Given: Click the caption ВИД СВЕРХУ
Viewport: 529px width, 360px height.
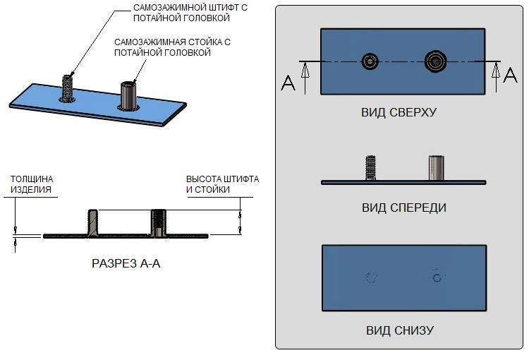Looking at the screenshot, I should tap(399, 112).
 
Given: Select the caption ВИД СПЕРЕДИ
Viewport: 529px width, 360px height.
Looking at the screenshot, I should tap(403, 208).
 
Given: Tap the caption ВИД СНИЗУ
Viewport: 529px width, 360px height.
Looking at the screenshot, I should tap(399, 330).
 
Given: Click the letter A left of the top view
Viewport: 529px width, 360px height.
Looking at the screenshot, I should tap(288, 83).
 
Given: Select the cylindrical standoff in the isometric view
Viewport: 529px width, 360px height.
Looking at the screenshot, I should tap(128, 95).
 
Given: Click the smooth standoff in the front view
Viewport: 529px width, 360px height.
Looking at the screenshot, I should tap(435, 168).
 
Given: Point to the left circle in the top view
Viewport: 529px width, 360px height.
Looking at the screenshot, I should tap(370, 62).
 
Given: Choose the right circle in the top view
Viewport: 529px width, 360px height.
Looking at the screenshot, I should tap(434, 62).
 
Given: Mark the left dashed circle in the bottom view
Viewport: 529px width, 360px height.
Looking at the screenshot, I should tap(371, 277).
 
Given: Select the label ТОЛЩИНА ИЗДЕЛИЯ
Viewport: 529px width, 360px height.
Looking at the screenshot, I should tap(31, 184).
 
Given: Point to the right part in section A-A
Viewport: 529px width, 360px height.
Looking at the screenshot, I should tap(159, 222).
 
